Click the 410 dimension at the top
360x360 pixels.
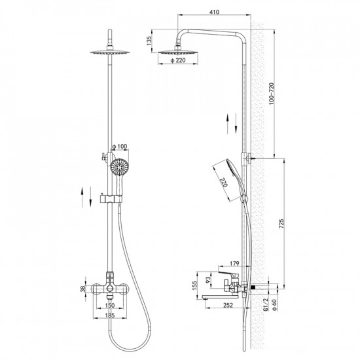214,12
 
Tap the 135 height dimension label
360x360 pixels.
149,41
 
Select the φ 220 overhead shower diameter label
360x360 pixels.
177,61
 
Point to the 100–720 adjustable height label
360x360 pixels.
272,94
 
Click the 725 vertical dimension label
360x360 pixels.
281,224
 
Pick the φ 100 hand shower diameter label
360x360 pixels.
119,146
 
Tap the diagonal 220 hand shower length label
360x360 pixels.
223,183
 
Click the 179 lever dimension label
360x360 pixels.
234,263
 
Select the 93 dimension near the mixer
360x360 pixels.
208,280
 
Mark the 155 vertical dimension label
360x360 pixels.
194,285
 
